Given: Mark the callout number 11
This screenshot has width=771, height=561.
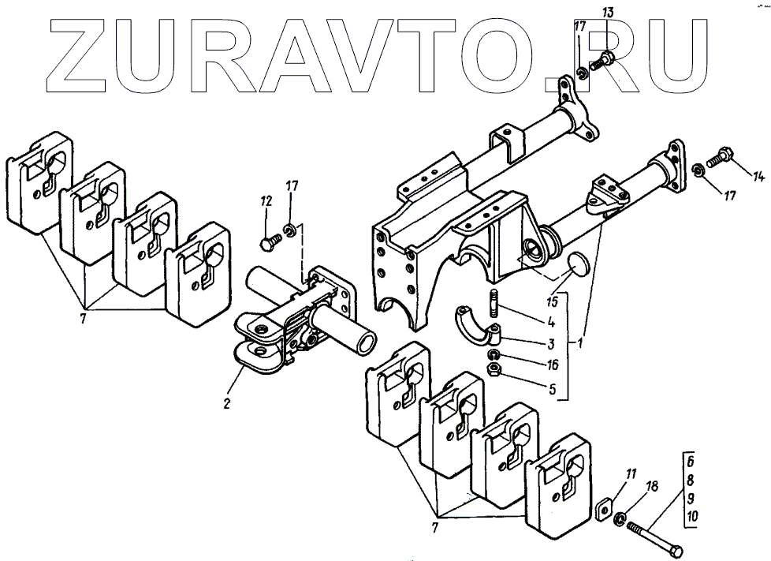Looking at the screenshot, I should (631, 474).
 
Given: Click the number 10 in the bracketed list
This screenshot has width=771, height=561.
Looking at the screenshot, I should (691, 516).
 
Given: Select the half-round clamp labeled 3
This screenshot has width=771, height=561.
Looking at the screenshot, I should (477, 326).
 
